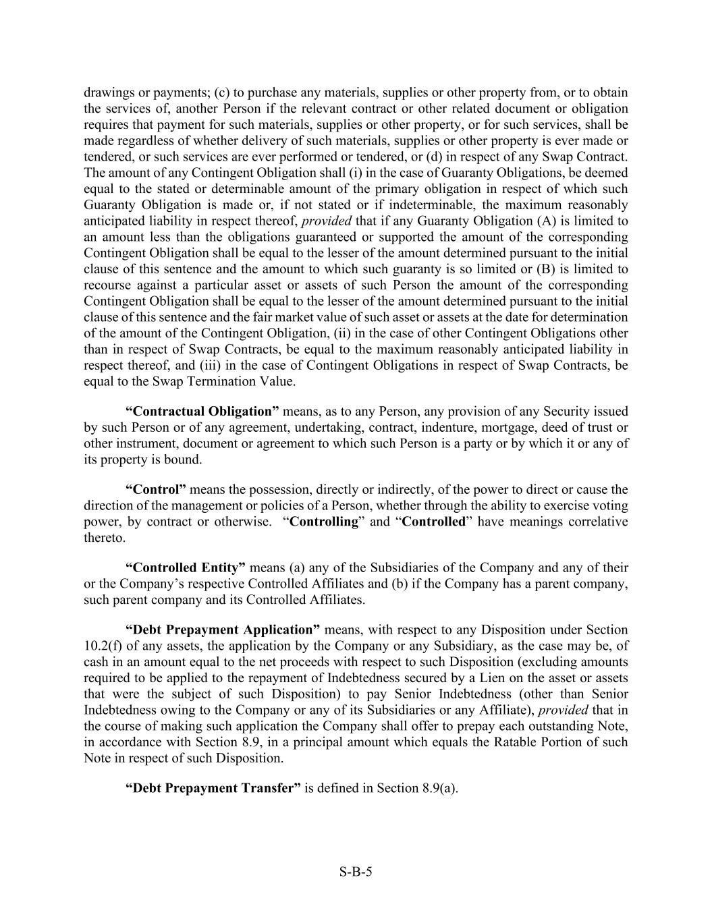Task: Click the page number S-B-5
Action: [x=356, y=871]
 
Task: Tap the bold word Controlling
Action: [x=323, y=522]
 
